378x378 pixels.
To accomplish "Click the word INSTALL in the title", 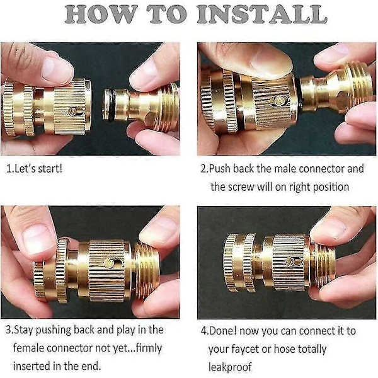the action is [x=262, y=14].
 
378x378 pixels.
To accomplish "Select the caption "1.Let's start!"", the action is [x=34, y=168].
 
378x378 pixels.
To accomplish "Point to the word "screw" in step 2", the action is [x=241, y=187].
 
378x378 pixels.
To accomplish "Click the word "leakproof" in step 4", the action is [x=230, y=367].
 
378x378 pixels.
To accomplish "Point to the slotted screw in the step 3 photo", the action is [x=109, y=263].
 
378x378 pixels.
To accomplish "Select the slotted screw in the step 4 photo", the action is [x=290, y=261].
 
